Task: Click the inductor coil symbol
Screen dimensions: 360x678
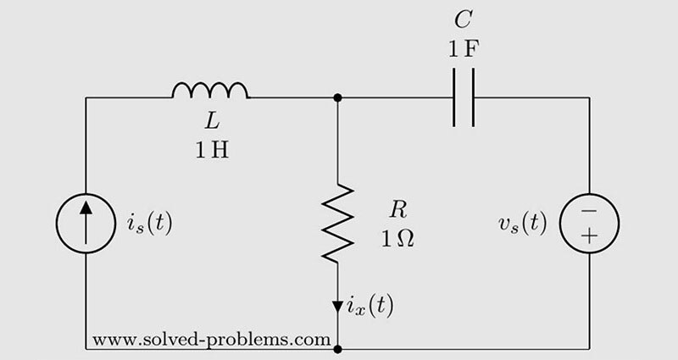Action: coord(210,90)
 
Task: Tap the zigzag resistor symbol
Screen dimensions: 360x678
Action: coord(338,221)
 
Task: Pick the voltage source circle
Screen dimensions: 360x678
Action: coord(589,224)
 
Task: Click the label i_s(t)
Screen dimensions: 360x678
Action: coord(143,224)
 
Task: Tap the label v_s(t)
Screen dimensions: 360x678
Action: coord(522,224)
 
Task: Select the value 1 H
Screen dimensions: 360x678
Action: coord(210,153)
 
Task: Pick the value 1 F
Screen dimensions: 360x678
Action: coord(464,47)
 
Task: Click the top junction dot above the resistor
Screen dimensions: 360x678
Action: coord(338,97)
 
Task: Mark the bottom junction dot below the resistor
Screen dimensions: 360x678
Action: coord(338,348)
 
